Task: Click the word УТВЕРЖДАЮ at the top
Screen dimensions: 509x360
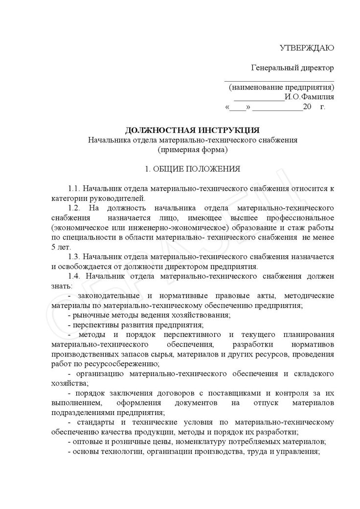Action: (307, 47)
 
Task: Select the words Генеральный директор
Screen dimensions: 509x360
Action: (292, 67)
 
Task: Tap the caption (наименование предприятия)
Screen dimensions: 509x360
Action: (281, 88)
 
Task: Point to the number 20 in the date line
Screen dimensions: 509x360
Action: (307, 106)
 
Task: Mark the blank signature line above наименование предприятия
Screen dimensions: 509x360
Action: (279, 79)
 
